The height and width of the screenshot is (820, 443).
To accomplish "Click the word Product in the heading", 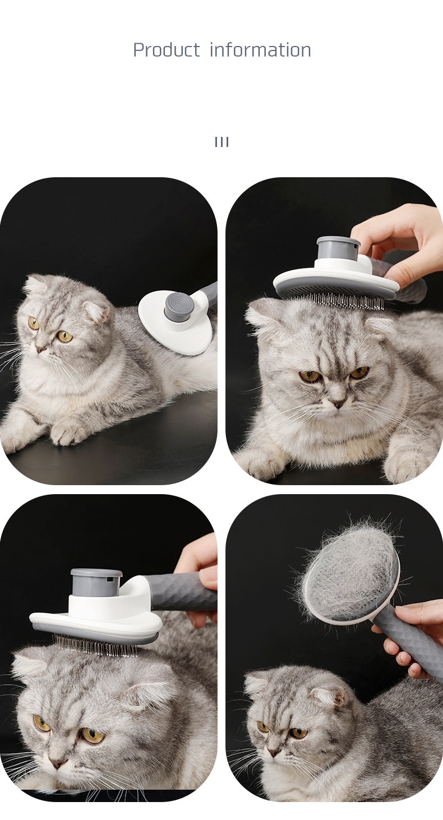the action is (x=166, y=50).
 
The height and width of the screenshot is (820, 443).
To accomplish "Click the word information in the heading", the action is (x=260, y=50).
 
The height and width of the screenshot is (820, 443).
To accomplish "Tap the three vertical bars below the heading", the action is (x=221, y=142).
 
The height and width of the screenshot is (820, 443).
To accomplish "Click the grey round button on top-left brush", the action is (x=178, y=305).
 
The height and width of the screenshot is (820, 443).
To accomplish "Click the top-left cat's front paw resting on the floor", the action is (x=68, y=432).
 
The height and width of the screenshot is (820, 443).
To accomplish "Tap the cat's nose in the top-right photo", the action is (x=338, y=403).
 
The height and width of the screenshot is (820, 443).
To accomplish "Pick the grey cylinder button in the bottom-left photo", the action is (x=96, y=582).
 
